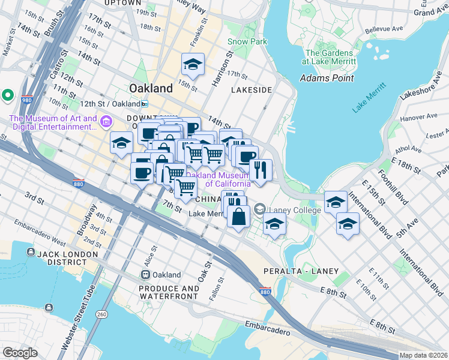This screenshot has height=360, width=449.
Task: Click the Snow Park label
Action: point(239,41)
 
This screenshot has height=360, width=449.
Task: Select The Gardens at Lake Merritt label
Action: point(329,57)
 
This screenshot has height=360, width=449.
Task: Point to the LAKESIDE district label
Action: point(252,90)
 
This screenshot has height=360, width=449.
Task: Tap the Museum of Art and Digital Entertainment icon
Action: point(106,122)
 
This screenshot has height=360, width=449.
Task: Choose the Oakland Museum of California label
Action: point(218,179)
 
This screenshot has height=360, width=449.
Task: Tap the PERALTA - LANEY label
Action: point(294,272)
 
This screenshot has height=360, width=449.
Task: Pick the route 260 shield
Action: point(103,314)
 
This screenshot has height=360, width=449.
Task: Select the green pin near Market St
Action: point(8,95)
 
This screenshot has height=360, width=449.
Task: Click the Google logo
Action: point(20,353)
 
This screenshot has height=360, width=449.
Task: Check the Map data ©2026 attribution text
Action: point(423,355)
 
